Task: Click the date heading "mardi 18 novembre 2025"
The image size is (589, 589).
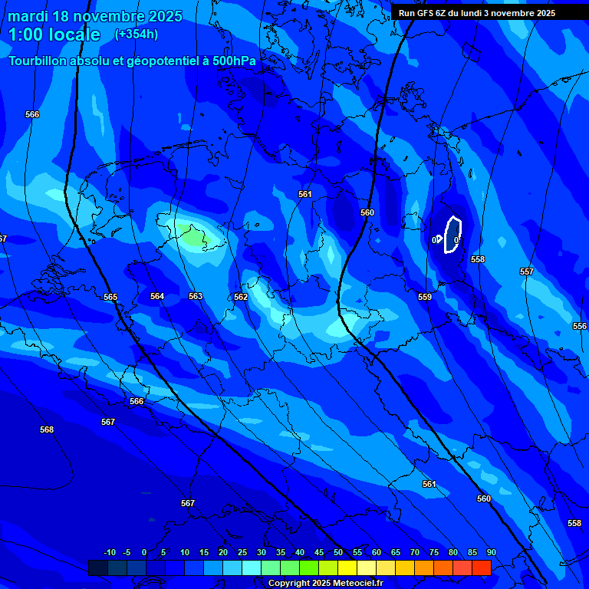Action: pyautogui.click(x=95, y=16)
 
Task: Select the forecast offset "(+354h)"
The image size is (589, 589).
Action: pyautogui.click(x=136, y=35)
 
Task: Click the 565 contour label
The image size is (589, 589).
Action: pyautogui.click(x=110, y=297)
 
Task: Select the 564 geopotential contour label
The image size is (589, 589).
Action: pyautogui.click(x=157, y=296)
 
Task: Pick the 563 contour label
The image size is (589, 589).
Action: pyautogui.click(x=196, y=296)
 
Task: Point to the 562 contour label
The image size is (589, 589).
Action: pyautogui.click(x=241, y=297)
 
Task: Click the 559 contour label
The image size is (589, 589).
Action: pyautogui.click(x=425, y=297)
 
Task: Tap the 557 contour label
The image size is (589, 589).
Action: pyautogui.click(x=527, y=272)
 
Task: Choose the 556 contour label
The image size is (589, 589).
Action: pyautogui.click(x=580, y=326)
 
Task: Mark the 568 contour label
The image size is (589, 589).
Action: pyautogui.click(x=47, y=430)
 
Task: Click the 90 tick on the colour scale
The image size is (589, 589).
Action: pyautogui.click(x=491, y=553)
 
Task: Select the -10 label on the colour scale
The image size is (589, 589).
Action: pyautogui.click(x=110, y=553)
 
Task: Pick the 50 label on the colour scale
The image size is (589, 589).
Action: pyautogui.click(x=338, y=553)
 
